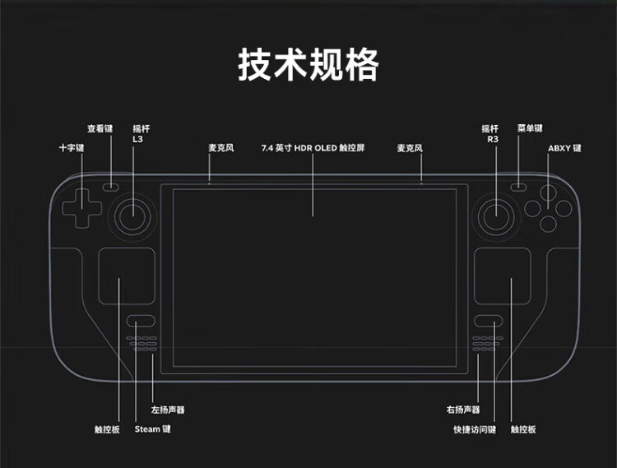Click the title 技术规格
tap(308, 64)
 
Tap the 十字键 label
tap(72, 148)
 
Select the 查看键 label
tap(100, 129)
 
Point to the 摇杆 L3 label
tap(141, 134)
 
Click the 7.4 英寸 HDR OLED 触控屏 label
tap(313, 149)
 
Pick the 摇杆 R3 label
tap(490, 134)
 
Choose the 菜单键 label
tap(530, 129)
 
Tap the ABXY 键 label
tap(564, 149)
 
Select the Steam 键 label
tap(153, 429)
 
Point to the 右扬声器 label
tap(463, 409)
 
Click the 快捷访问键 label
tap(475, 429)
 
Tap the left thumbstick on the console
tap(132, 215)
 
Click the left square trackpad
tap(128, 277)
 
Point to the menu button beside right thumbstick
tap(517, 186)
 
